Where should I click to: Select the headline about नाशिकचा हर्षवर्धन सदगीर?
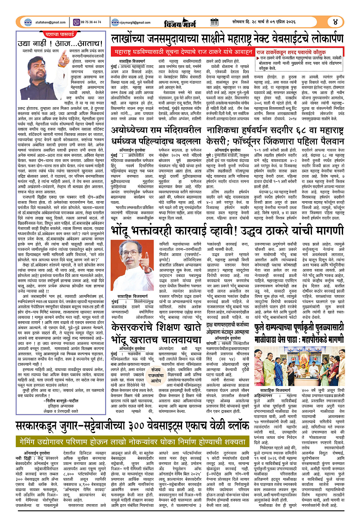pos(277,122)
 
